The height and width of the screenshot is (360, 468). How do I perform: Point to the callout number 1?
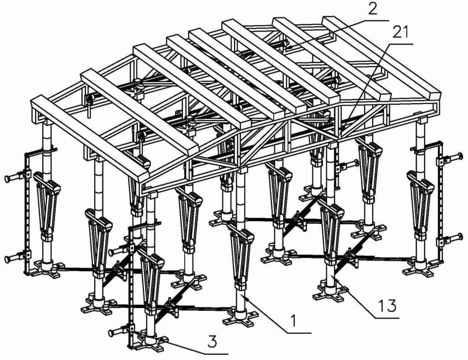[x=294, y=321]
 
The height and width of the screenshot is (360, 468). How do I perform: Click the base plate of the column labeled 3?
[x=149, y=343]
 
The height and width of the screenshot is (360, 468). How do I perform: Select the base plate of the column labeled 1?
[x=241, y=318]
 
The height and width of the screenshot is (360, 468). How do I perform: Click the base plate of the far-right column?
[x=421, y=268]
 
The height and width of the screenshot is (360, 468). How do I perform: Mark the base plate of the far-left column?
[x=48, y=268]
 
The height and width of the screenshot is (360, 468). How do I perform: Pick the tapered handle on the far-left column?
[x=47, y=205]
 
